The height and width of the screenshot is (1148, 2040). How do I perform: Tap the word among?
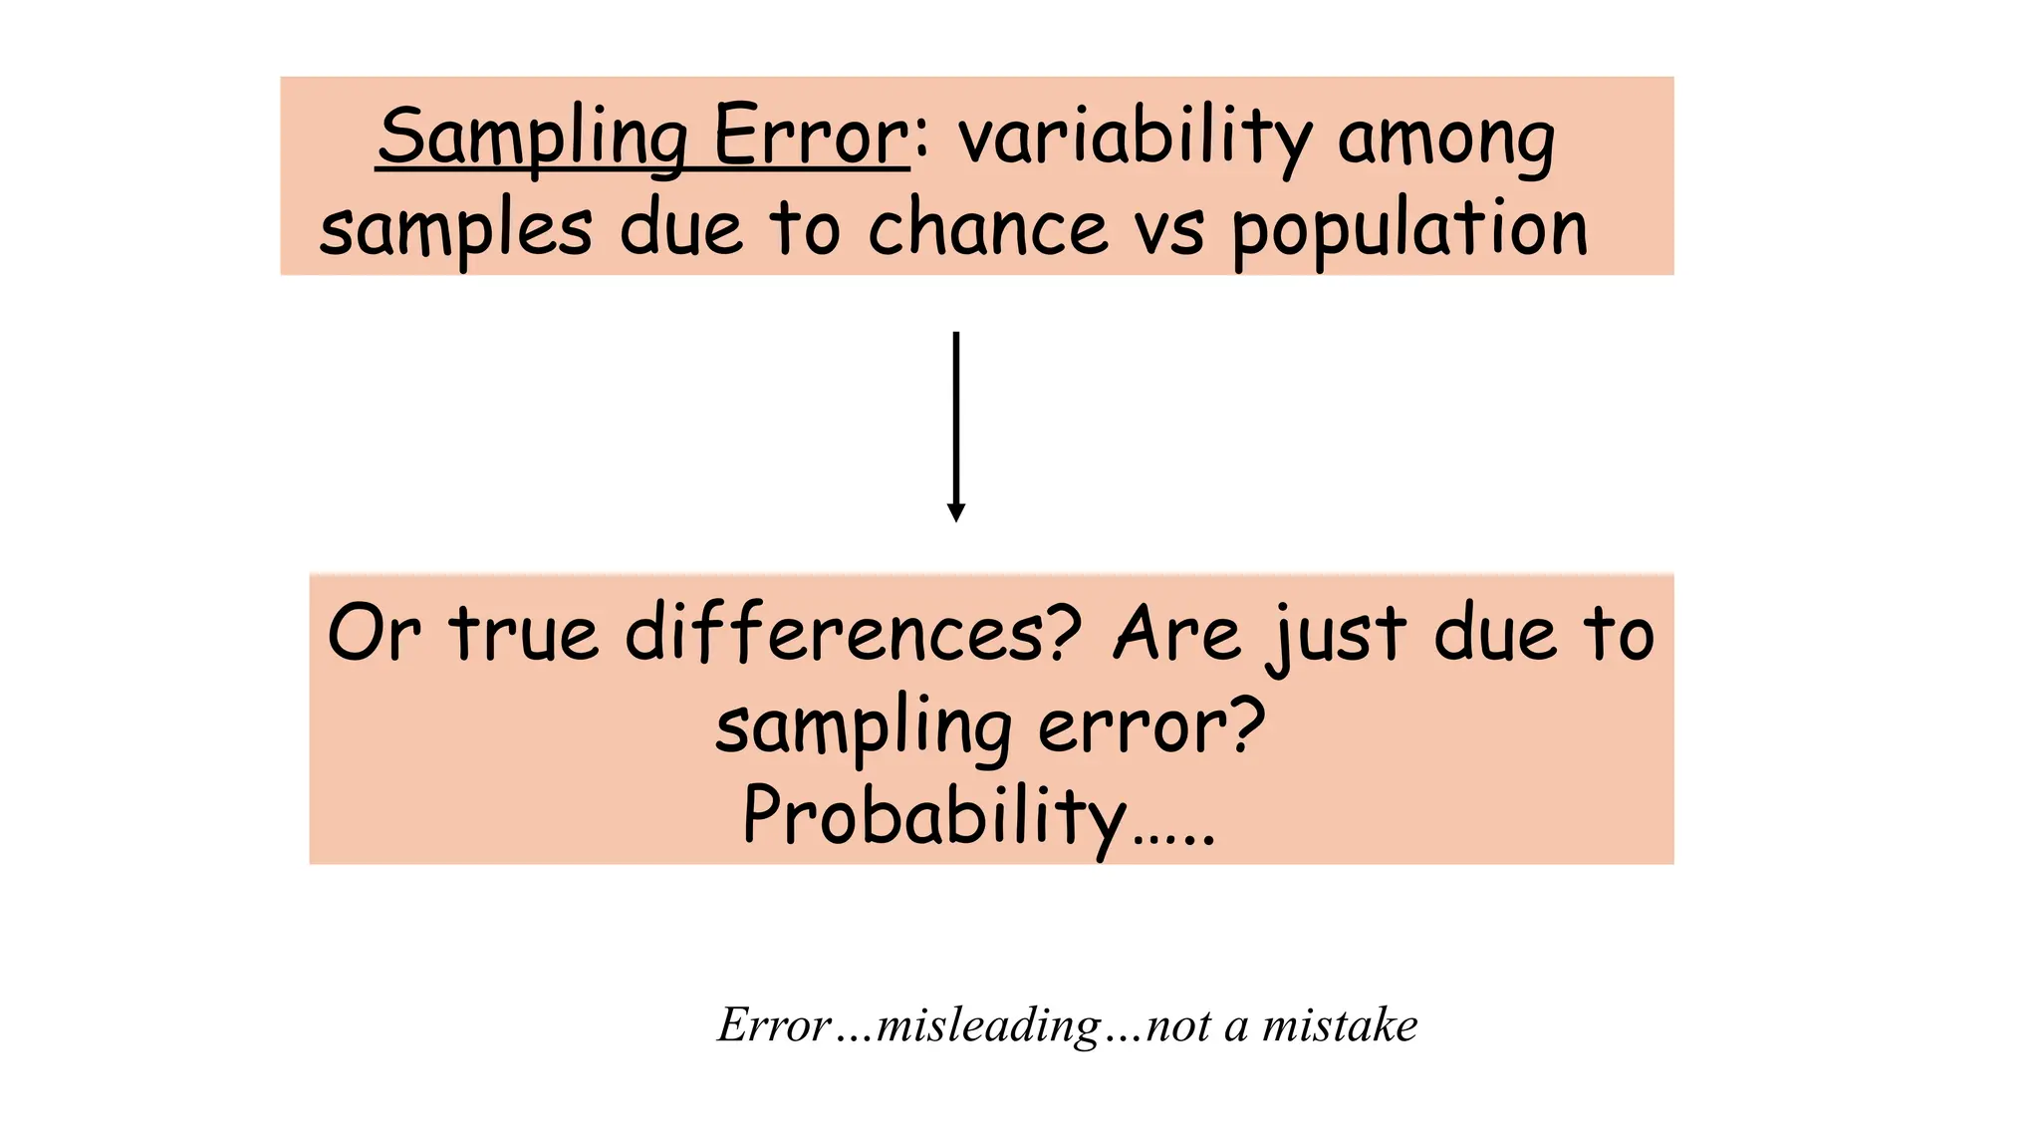coord(1445,140)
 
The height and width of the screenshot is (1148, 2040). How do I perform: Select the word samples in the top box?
coord(455,229)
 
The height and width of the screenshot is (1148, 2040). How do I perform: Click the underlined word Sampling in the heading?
coord(533,138)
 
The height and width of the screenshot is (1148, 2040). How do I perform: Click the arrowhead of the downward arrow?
coord(956,513)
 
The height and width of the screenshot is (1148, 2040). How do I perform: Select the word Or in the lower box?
coord(374,634)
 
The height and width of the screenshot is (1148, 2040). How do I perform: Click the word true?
coord(525,634)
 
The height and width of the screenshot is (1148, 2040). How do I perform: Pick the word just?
coord(1338,638)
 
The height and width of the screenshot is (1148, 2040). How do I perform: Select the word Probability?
coord(934,817)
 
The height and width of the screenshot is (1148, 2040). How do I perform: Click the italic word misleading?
coord(987,1025)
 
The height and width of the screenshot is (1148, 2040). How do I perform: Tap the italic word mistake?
coord(1340,1025)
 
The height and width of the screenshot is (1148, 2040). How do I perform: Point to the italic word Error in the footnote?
coord(774,1025)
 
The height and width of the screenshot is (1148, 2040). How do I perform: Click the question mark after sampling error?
coord(1246,723)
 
